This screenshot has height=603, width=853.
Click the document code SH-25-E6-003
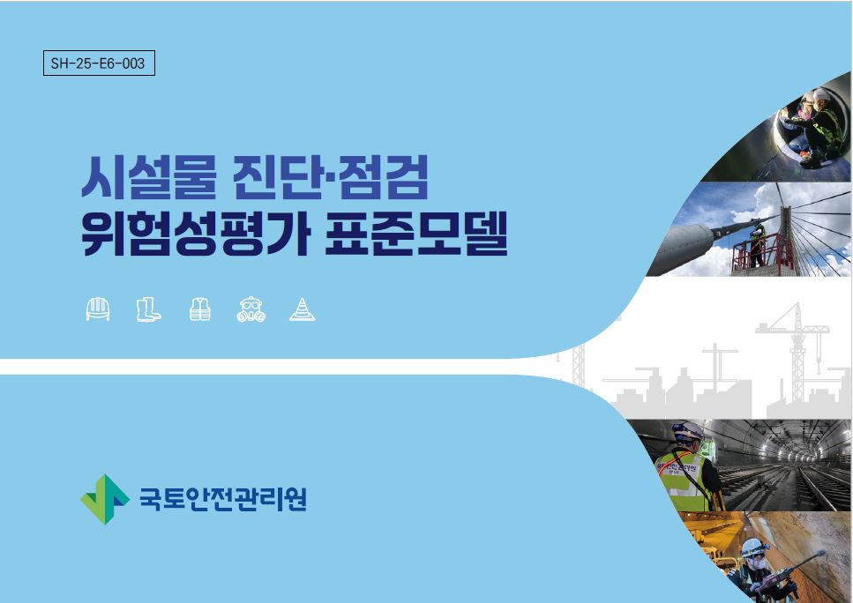pyautogui.click(x=98, y=63)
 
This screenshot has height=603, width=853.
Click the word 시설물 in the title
pyautogui.click(x=148, y=177)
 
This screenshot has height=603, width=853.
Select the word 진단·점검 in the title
pyautogui.click(x=330, y=176)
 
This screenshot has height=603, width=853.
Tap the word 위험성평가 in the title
pyautogui.click(x=195, y=234)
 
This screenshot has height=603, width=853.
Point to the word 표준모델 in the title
pyautogui.click(x=416, y=234)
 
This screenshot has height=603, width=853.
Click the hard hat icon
pyautogui.click(x=98, y=309)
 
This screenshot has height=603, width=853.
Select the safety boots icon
pyautogui.click(x=148, y=309)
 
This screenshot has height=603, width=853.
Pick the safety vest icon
pyautogui.click(x=200, y=309)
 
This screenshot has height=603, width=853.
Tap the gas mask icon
pyautogui.click(x=251, y=309)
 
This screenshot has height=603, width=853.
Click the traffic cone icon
pyautogui.click(x=302, y=309)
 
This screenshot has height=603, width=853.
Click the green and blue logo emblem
pyautogui.click(x=105, y=499)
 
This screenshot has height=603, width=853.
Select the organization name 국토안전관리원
pyautogui.click(x=223, y=499)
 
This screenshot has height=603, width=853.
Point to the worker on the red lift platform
pyautogui.click(x=757, y=245)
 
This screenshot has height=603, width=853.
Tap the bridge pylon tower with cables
pyautogui.click(x=787, y=239)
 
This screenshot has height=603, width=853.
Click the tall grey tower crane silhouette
pyautogui.click(x=797, y=354)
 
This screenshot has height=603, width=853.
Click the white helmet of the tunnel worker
pyautogui.click(x=687, y=430)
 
